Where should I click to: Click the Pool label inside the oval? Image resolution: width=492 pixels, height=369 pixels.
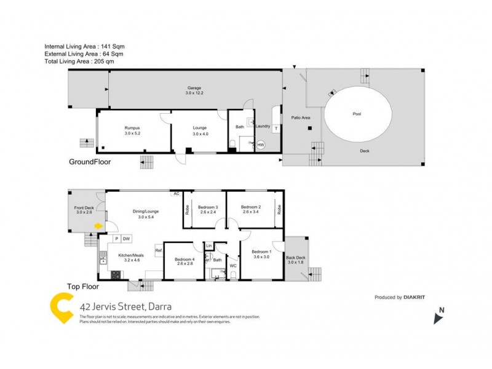pos(357,114)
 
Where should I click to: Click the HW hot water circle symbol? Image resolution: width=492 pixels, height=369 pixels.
pos(261,145)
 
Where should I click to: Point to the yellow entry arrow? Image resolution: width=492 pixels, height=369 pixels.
pos(97,226)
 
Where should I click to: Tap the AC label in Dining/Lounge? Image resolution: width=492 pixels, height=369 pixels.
pos(176,194)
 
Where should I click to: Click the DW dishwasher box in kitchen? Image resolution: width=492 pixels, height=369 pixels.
pos(125,239)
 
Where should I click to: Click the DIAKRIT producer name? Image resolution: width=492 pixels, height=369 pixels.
pos(416,297)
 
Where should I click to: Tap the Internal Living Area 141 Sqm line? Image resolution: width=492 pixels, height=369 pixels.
pos(85,47)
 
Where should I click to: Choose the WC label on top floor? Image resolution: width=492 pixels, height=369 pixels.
pos(232,266)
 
